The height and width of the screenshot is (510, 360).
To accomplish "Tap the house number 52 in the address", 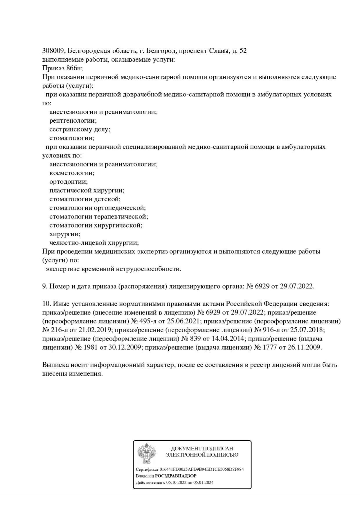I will pyautogui.click(x=243, y=51).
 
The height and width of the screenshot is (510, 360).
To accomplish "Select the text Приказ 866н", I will pyautogui.click(x=62, y=68).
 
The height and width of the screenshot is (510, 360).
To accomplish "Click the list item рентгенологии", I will pyautogui.click(x=73, y=121).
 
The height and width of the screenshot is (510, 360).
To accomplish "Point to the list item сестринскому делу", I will pyautogui.click(x=80, y=129).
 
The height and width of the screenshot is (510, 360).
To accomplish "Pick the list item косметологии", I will pyautogui.click(x=72, y=173).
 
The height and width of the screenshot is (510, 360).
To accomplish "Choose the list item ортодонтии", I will pyautogui.click(x=68, y=182).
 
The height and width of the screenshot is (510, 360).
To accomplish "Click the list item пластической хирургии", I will pyautogui.click(x=87, y=190).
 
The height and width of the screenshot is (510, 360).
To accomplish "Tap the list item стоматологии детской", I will pyautogui.click(x=85, y=199).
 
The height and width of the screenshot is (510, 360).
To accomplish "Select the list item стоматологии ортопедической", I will pyautogui.click(x=97, y=208).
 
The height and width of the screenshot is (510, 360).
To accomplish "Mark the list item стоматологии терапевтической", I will pyautogui.click(x=98, y=216).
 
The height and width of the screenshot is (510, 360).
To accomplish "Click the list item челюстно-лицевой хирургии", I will pyautogui.click(x=94, y=243).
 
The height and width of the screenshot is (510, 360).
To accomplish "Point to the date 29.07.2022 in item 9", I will pyautogui.click(x=297, y=286).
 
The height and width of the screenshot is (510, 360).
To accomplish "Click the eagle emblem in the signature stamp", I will pyautogui.click(x=147, y=453).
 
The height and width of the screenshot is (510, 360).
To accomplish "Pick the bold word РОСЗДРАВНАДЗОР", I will pyautogui.click(x=176, y=476).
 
